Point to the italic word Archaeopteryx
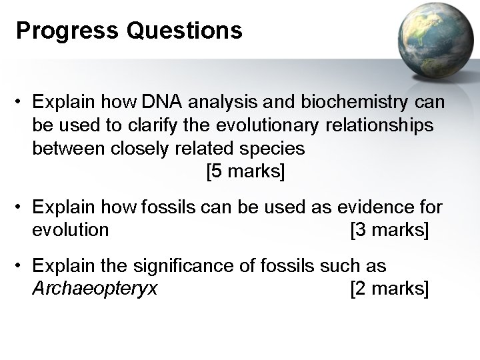(95, 289)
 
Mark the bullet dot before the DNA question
(22, 104)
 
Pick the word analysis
(220, 103)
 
